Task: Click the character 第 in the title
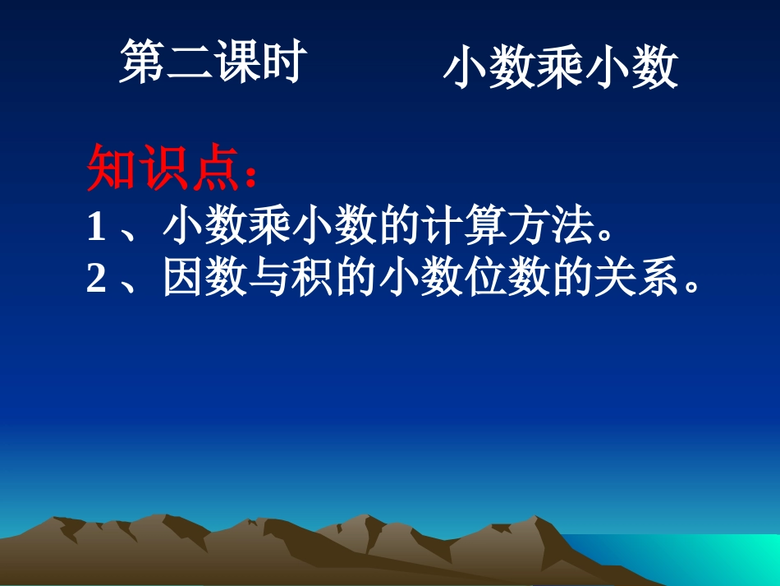[x=143, y=62]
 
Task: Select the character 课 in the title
[x=236, y=62]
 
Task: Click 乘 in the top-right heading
[x=561, y=68]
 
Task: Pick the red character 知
[x=110, y=168]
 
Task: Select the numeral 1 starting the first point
[x=96, y=228]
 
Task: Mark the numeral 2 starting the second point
[x=96, y=279]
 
